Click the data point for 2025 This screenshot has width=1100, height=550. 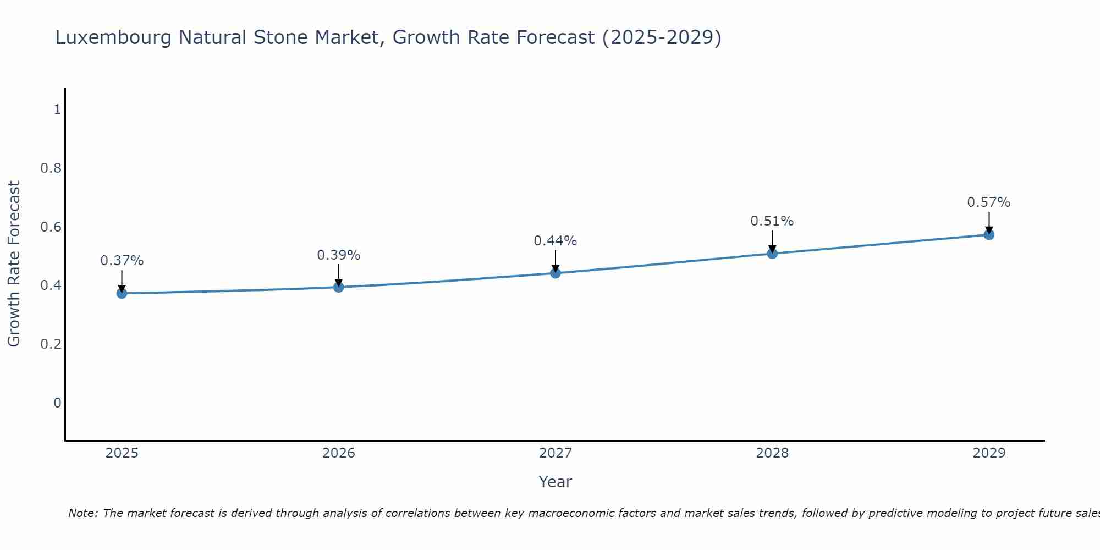tap(122, 293)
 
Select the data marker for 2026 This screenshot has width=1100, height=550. tap(339, 287)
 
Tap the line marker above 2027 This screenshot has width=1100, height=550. tap(555, 273)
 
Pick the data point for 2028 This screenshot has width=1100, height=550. tap(772, 254)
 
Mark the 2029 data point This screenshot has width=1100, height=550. tap(989, 235)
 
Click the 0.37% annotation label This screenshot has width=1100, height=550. tap(122, 261)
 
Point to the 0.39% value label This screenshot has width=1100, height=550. tap(339, 255)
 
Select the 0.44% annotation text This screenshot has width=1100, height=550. tap(555, 241)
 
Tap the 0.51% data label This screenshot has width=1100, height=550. tap(772, 221)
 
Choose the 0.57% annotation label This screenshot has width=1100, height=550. tap(989, 202)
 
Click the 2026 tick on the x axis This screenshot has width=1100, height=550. tap(339, 453)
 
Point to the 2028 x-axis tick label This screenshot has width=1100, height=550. tap(772, 453)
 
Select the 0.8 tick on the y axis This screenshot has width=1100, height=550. tap(51, 168)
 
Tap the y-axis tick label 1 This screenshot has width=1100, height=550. tap(57, 109)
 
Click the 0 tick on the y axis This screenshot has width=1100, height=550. tap(57, 403)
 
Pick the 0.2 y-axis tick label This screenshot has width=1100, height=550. tap(51, 344)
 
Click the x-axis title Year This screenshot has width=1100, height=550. tap(555, 482)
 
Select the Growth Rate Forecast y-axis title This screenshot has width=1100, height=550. tap(14, 264)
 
